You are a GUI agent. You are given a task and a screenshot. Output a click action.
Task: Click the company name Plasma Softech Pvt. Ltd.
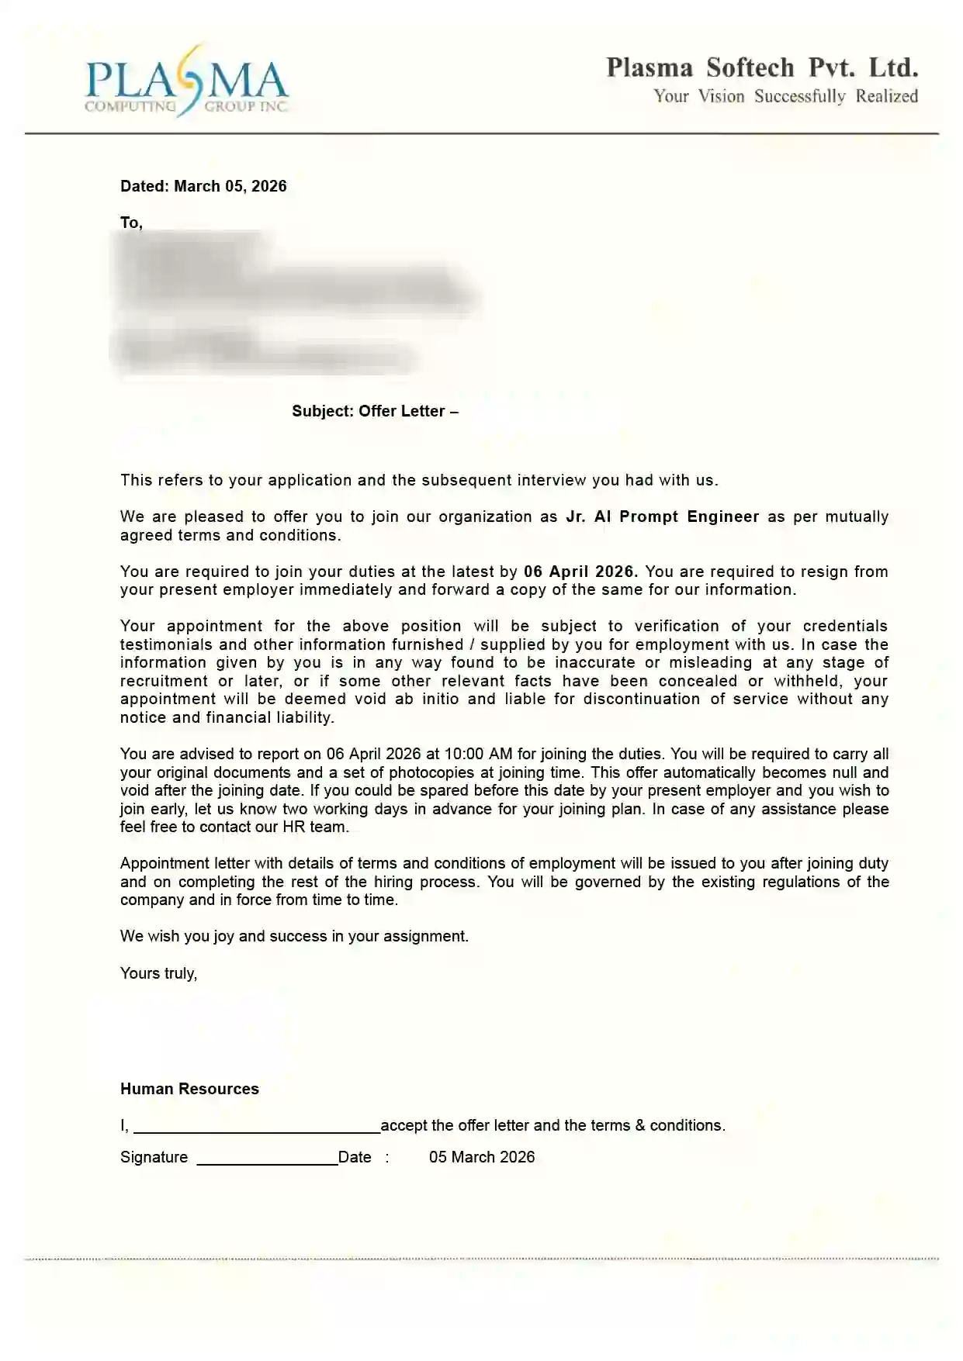click(762, 68)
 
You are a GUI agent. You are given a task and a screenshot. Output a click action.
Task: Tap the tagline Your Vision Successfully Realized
click(785, 96)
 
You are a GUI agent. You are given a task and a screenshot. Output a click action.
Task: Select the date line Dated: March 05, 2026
click(203, 186)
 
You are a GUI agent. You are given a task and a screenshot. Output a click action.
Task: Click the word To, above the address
click(131, 223)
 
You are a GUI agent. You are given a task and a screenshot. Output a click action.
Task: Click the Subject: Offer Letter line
click(375, 411)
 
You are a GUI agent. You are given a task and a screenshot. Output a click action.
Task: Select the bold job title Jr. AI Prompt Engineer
click(662, 516)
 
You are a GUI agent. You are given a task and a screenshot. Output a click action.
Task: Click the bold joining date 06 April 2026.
click(580, 572)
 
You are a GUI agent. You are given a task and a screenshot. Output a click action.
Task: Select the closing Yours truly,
click(158, 973)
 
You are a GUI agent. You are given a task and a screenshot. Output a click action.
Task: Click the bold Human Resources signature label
click(189, 1089)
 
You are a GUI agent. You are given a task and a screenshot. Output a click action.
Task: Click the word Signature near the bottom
click(154, 1157)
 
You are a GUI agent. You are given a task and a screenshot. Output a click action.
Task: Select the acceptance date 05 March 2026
click(481, 1157)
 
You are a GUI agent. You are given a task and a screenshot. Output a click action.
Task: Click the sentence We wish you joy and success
click(294, 936)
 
